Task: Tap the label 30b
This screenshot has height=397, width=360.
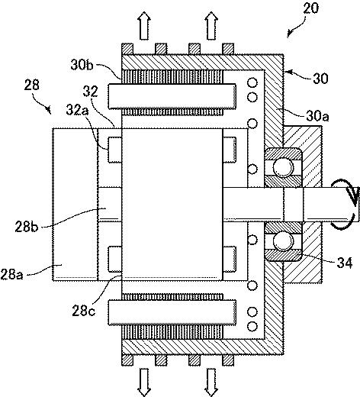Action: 82,65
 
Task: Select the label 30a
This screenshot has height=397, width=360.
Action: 317,116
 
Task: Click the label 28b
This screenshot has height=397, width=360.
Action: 26,226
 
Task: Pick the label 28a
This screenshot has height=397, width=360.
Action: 11,274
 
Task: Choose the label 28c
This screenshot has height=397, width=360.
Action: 84,311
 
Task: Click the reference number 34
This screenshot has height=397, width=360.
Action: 345,263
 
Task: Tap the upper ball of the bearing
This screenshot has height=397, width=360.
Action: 283,167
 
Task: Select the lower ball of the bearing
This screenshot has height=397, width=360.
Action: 283,241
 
